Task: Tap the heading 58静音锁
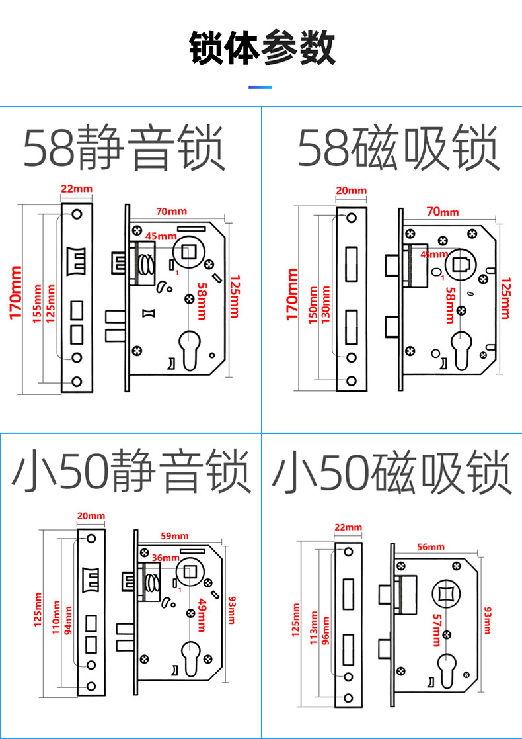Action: tap(125, 149)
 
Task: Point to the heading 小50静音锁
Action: tap(131, 472)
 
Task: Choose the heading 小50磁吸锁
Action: tap(392, 472)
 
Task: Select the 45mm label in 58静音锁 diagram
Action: tap(161, 236)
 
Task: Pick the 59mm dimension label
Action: tap(174, 535)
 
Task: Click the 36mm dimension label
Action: tap(165, 558)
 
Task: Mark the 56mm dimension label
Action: tap(431, 547)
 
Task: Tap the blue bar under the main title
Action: tap(260, 87)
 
